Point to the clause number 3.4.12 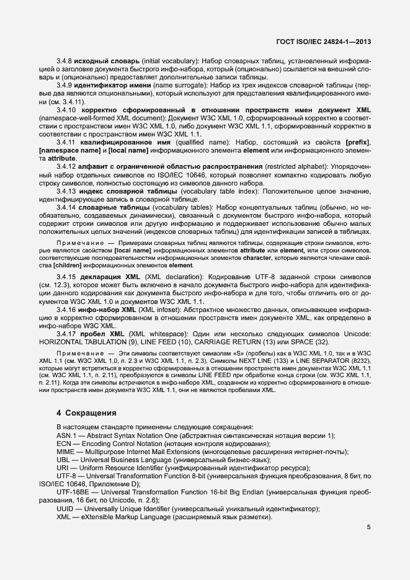[66, 166]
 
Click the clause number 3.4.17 [66, 334]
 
